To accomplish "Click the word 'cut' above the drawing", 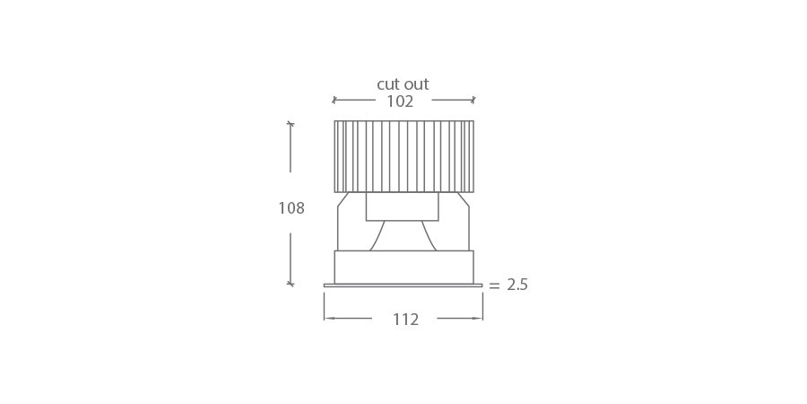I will [x=388, y=84].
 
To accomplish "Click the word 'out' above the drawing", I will [x=415, y=84].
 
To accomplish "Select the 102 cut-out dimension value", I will [x=400, y=101].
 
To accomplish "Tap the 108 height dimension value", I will [x=291, y=208].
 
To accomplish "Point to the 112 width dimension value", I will [x=405, y=320].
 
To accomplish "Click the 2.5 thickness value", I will [x=517, y=285].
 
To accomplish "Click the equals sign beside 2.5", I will [x=494, y=285].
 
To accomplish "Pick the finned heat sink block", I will [x=403, y=156].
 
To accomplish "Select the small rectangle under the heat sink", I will [x=402, y=206].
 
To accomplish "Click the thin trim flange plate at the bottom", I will [x=403, y=285].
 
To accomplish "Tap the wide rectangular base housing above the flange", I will [x=403, y=267].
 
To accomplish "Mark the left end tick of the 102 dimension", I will [x=334, y=100].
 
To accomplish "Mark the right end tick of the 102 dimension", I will [x=473, y=100].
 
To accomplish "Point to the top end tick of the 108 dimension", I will [x=290, y=123].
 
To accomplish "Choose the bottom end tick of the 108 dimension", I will [x=290, y=284].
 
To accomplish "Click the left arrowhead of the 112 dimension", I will [x=329, y=318].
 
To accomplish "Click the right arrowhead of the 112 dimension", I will [x=477, y=318].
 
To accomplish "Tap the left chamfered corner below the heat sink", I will [x=343, y=199].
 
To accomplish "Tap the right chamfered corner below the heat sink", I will [x=463, y=199].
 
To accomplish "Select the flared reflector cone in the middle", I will [x=403, y=236].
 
